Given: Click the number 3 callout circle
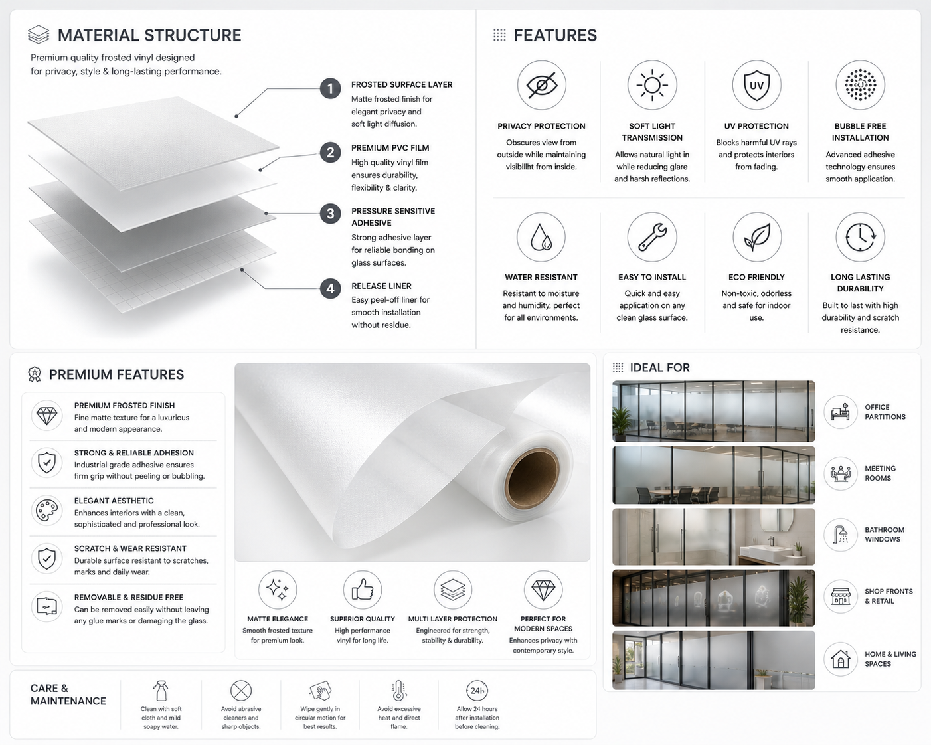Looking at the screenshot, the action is pos(330,214).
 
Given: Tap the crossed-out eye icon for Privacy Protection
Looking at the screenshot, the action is pos(542,85).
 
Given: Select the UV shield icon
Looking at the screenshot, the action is pos(756,85).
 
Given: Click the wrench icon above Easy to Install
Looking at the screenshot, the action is pos(652,236).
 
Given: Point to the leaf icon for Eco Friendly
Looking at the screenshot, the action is pos(757,236).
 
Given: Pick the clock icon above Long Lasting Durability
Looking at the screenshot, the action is pos(860,236).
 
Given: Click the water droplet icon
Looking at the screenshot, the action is pos(541,236).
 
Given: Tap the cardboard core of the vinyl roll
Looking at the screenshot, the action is pos(532,477).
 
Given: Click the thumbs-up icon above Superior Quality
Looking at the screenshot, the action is pos(363,590).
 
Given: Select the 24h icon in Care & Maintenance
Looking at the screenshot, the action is pos(477,691).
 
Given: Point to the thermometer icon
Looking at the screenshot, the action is pos(398,691).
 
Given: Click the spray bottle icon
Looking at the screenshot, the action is pos(161,691).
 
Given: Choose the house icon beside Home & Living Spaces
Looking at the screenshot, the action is pos(841,659).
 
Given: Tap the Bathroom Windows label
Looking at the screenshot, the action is pos(885,535).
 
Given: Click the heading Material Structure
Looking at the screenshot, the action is pos(149,35).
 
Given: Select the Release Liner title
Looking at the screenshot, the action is pos(381,286).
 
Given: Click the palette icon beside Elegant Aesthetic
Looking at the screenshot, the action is pos(46,511).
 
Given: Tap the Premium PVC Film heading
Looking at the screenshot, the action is pos(390,148).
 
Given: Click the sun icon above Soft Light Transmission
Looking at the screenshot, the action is pos(652,85).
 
